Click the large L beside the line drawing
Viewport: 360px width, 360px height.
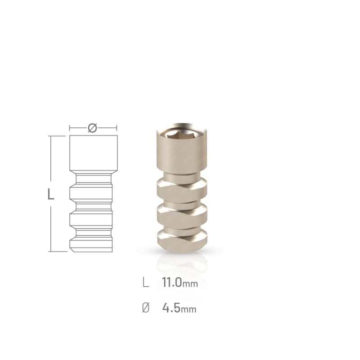click(51, 194)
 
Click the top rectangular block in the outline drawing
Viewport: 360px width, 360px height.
click(94, 153)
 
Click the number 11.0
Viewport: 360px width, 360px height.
click(172, 283)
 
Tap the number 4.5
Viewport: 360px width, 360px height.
click(171, 309)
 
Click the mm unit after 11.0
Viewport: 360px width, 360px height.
click(191, 284)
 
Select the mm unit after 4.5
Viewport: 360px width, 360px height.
click(189, 310)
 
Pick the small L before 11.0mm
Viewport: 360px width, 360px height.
click(145, 283)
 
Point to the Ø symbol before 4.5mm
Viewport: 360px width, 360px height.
click(145, 309)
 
